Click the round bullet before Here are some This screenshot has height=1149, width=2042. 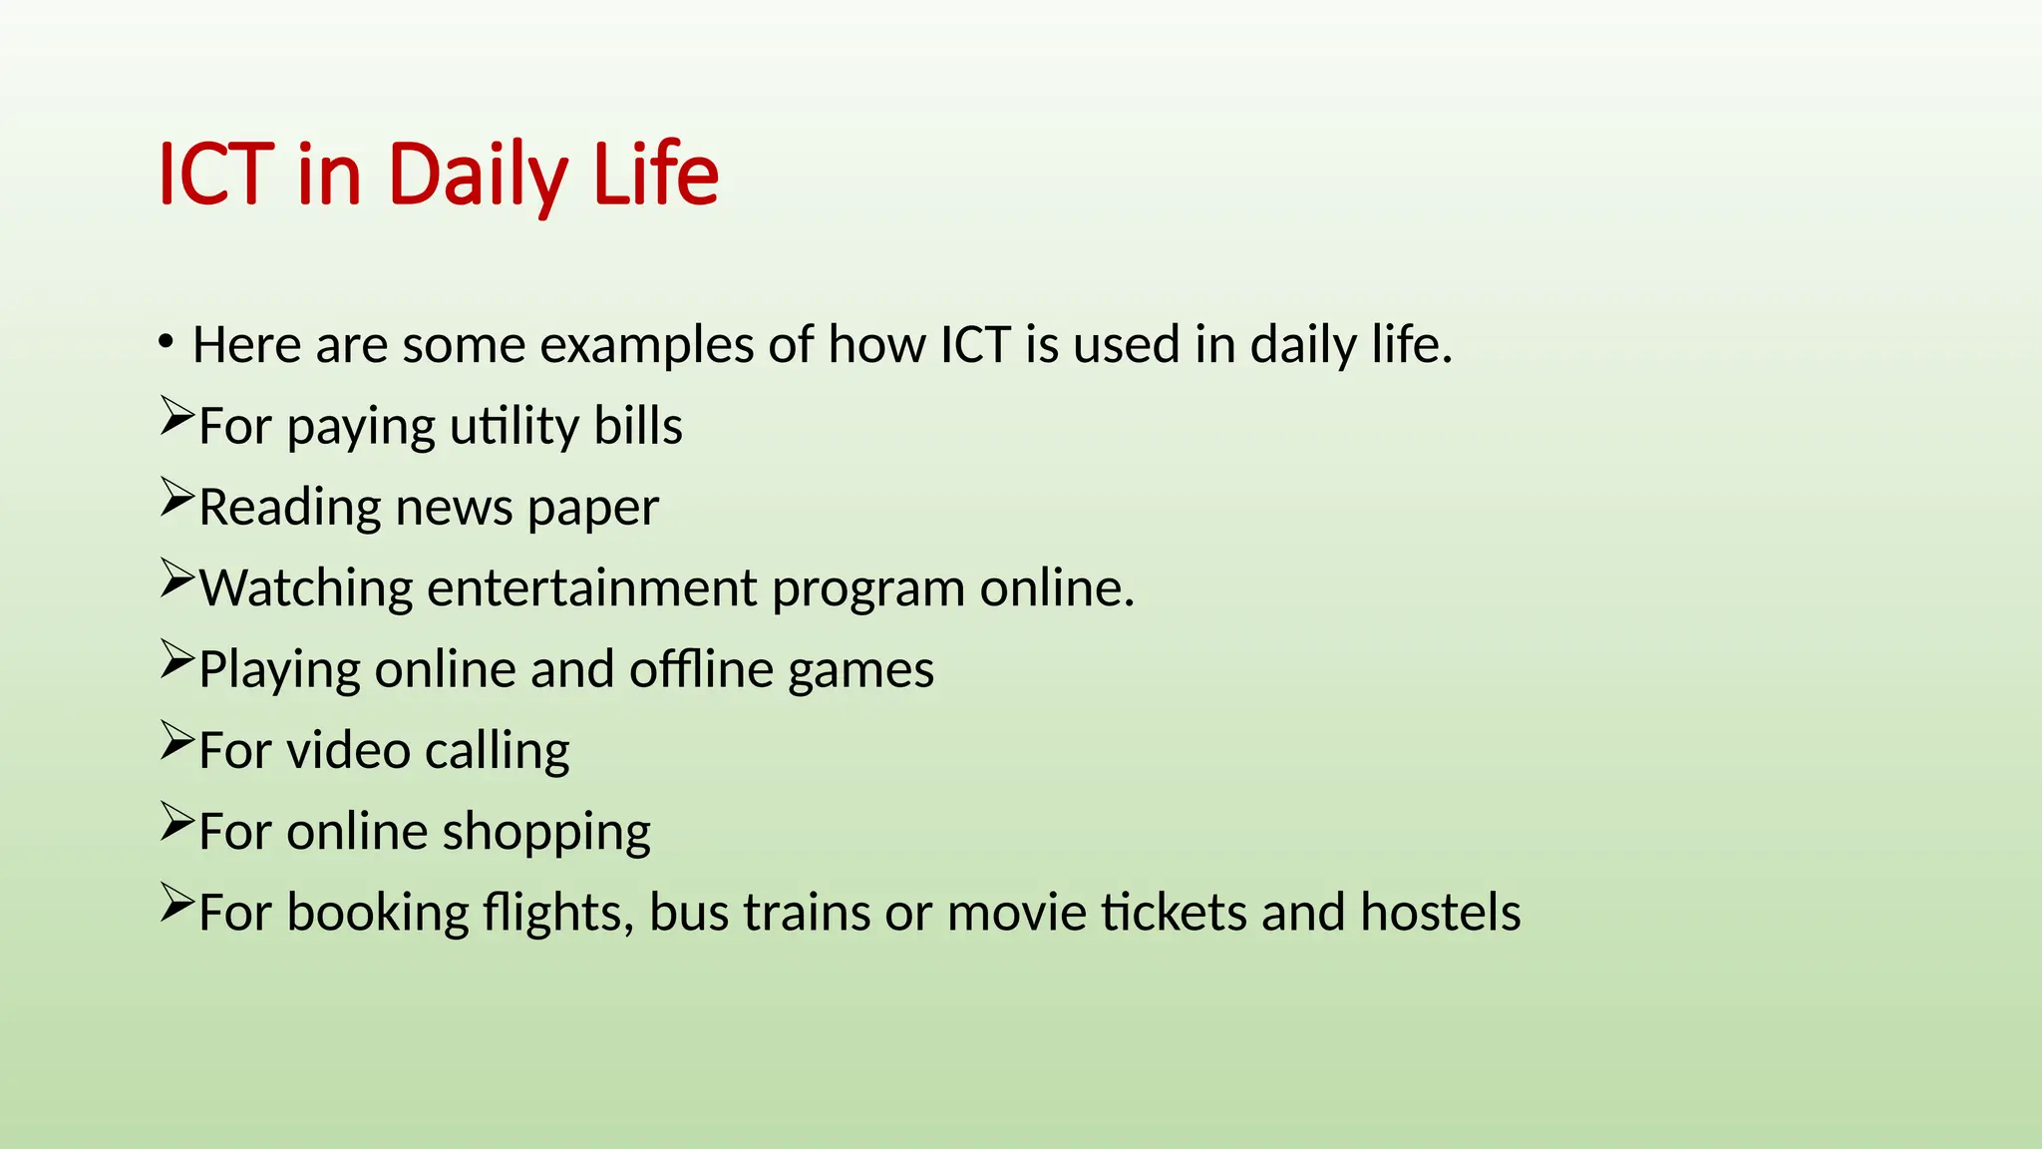click(x=166, y=342)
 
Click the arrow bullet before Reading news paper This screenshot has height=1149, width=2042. click(x=176, y=498)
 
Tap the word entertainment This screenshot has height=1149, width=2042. click(x=591, y=588)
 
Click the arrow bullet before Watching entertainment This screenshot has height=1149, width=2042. click(x=176, y=579)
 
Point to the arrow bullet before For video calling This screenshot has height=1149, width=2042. click(x=176, y=741)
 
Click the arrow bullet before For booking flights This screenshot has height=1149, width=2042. click(x=176, y=904)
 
